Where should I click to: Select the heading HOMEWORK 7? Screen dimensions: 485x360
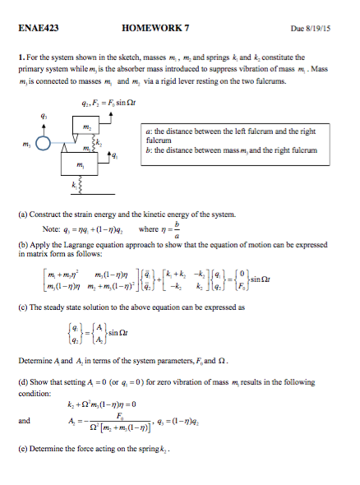pyautogui.click(x=155, y=27)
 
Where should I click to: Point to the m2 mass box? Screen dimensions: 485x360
pyautogui.click(x=108, y=127)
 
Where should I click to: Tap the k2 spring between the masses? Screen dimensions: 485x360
pyautogui.click(x=119, y=146)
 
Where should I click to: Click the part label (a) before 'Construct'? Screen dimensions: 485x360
pyautogui.click(x=24, y=215)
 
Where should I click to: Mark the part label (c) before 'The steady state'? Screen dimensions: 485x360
pyautogui.click(x=24, y=306)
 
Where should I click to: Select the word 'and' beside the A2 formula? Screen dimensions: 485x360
pyautogui.click(x=25, y=421)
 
